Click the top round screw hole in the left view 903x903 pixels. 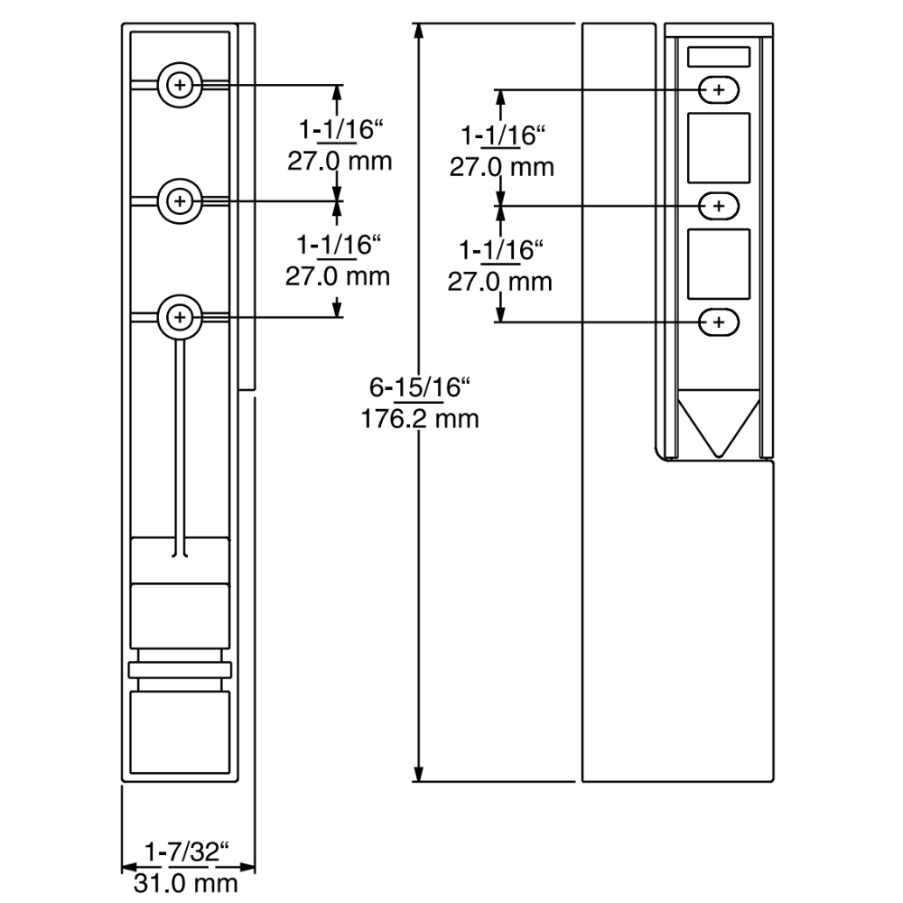pyautogui.click(x=181, y=86)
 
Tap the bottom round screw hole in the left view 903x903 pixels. pyautogui.click(x=181, y=317)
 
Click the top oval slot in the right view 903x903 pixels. pyautogui.click(x=719, y=89)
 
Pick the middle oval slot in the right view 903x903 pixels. pyautogui.click(x=719, y=206)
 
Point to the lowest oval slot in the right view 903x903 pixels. pyautogui.click(x=719, y=321)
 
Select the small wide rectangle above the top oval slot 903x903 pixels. pyautogui.click(x=719, y=57)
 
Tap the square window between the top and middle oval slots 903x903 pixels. pyautogui.click(x=719, y=147)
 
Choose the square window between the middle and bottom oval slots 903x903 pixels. pyautogui.click(x=719, y=264)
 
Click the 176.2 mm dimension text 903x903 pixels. pyautogui.click(x=420, y=419)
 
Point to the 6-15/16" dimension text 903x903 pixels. pyautogui.click(x=421, y=388)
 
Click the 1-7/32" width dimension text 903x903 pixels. pyautogui.click(x=188, y=852)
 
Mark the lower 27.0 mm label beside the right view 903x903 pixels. pyautogui.click(x=499, y=281)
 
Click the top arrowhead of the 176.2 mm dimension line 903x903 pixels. pyautogui.click(x=420, y=32)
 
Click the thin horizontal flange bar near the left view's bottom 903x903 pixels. pyautogui.click(x=181, y=669)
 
